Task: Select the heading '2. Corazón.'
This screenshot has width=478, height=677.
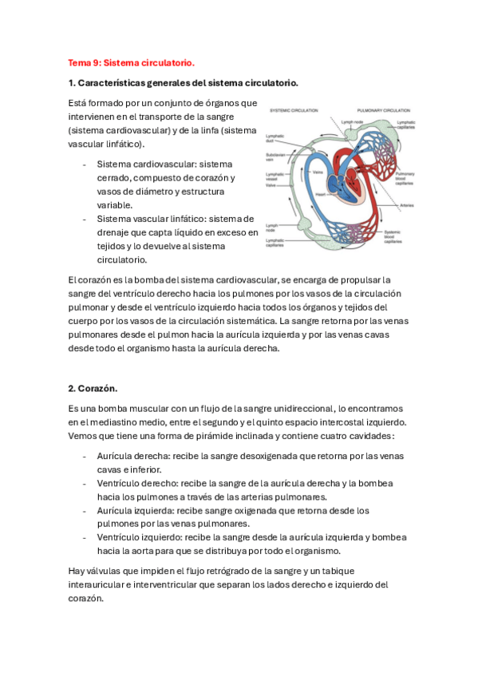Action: pos(93,389)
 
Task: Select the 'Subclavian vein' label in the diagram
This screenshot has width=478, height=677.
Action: pos(277,159)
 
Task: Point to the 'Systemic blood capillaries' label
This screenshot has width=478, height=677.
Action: pos(393,236)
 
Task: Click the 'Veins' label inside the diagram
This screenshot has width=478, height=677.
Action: pos(317,172)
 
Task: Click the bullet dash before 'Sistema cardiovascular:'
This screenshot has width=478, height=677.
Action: pos(85,164)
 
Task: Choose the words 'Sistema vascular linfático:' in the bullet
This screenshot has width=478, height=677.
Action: pos(152,219)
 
